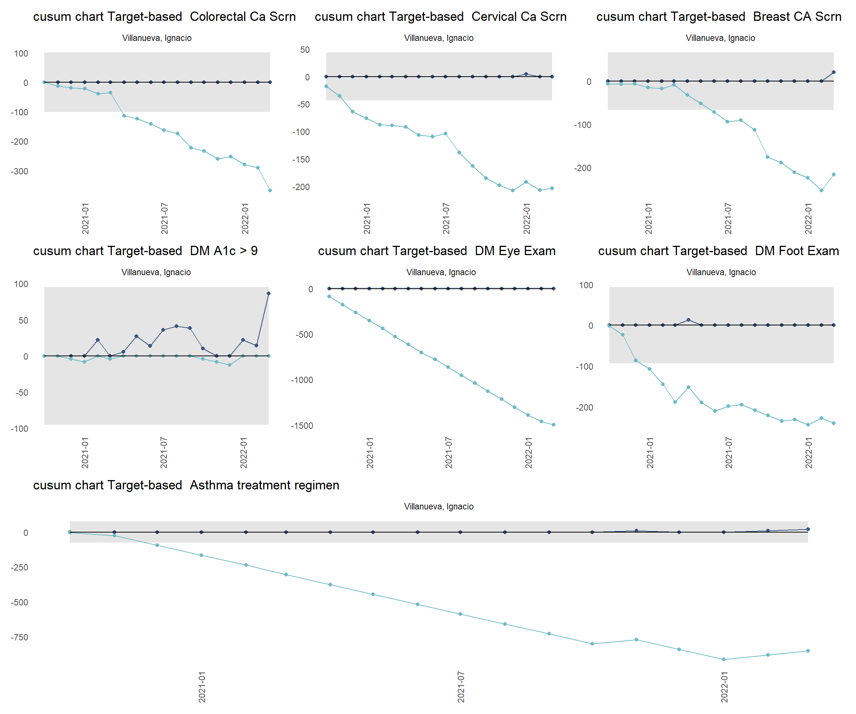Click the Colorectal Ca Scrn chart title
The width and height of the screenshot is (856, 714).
point(164,17)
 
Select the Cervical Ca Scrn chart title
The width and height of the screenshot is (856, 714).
point(440,17)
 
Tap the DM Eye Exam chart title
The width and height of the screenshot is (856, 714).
point(437,251)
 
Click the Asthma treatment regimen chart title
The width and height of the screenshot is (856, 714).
point(186,485)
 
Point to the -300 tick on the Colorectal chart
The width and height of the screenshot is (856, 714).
point(20,171)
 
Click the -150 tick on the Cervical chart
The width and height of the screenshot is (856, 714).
point(301,160)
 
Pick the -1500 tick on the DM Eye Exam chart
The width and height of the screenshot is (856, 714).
point(302,426)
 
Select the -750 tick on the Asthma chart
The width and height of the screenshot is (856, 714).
point(20,637)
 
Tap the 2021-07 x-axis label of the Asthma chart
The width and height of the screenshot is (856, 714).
point(461,687)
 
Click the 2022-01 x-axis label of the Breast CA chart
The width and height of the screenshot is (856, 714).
point(808,219)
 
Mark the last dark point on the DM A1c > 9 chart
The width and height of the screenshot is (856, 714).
point(268,293)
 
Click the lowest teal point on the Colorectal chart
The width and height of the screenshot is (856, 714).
point(270,190)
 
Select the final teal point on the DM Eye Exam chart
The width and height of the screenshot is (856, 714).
point(554,425)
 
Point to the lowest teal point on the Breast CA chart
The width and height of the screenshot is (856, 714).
point(821,190)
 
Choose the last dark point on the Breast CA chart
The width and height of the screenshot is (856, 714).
point(834,72)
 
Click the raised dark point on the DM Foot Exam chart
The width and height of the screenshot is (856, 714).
point(688,320)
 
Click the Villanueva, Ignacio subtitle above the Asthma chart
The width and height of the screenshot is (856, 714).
point(439,506)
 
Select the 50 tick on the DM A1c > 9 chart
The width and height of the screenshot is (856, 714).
point(23,321)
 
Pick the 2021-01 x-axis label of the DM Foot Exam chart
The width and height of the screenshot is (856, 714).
point(650,453)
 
